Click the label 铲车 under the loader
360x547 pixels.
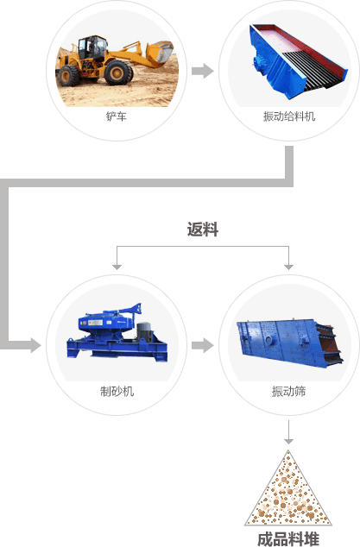click(117, 116)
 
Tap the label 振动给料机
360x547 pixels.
click(289, 116)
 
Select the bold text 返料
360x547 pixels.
click(203, 229)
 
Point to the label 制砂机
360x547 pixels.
click(117, 392)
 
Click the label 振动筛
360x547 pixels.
click(288, 392)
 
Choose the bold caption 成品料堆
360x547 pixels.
click(288, 539)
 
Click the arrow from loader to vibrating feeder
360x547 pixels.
click(203, 71)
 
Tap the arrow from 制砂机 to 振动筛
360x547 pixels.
click(203, 345)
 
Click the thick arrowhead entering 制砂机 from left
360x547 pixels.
click(35, 345)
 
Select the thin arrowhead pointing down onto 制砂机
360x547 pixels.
click(117, 267)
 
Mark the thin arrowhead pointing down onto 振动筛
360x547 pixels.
click(288, 267)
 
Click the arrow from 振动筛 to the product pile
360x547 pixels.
click(288, 432)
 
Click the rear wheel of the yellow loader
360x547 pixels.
click(69, 75)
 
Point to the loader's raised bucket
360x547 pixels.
click(160, 53)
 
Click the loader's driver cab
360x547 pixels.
click(92, 47)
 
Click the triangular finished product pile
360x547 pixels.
click(288, 488)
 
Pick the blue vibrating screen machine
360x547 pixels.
click(290, 343)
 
